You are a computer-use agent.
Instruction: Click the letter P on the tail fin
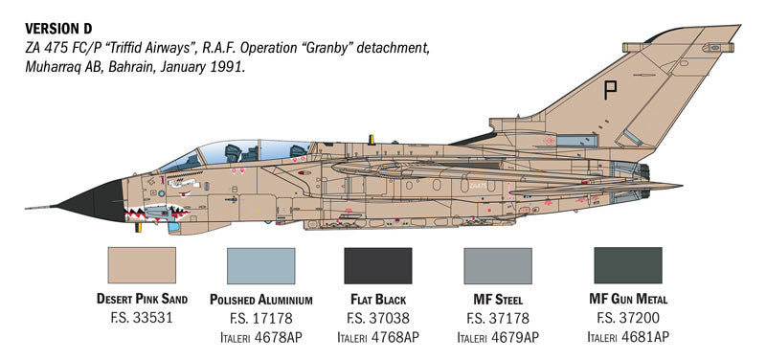tap(611, 92)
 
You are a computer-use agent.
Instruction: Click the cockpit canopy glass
tap(225, 152)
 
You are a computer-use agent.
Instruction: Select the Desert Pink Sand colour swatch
tap(143, 264)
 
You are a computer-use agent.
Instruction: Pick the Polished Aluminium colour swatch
tap(261, 264)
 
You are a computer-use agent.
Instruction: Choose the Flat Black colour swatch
tap(378, 264)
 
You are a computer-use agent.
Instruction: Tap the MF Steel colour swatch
tap(497, 264)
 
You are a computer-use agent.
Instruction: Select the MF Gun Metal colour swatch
tap(628, 264)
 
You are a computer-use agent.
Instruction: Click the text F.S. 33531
tap(143, 318)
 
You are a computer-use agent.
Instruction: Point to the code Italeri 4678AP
tap(261, 336)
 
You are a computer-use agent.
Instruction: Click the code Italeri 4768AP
tap(378, 336)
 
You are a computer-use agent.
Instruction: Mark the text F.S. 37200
tap(628, 318)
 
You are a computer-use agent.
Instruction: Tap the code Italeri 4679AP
tap(497, 336)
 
